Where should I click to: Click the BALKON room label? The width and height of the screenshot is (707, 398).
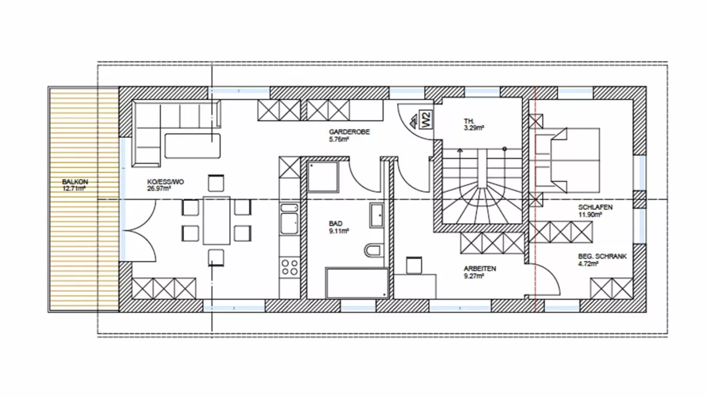click(75, 182)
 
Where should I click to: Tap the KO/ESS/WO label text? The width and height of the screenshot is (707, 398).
click(166, 182)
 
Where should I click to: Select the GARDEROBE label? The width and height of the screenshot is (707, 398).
click(349, 132)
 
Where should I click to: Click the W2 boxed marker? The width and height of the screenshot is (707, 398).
click(426, 120)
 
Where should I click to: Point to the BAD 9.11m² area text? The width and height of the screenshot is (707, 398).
click(339, 227)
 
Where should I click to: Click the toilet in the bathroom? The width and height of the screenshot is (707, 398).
click(374, 251)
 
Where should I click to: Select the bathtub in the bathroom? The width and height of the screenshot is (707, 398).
click(357, 283)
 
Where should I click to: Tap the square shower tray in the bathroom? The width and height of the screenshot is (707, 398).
click(323, 177)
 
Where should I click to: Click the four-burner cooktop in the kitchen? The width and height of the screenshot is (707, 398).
click(290, 267)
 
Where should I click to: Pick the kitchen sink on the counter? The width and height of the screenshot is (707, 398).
click(289, 218)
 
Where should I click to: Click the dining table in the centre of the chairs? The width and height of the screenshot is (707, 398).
click(217, 220)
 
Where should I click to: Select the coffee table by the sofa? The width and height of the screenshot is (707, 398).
click(193, 145)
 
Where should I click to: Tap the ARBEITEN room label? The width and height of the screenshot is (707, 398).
click(480, 268)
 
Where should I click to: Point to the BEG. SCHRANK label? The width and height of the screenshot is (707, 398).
click(603, 256)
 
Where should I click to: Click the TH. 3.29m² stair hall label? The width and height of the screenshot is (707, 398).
click(474, 124)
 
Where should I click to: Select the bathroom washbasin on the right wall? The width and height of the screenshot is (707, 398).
click(377, 215)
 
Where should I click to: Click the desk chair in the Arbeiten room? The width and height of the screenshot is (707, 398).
click(414, 265)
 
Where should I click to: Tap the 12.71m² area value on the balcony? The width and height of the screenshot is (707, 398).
click(74, 189)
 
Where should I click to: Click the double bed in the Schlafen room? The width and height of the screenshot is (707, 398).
click(565, 160)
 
